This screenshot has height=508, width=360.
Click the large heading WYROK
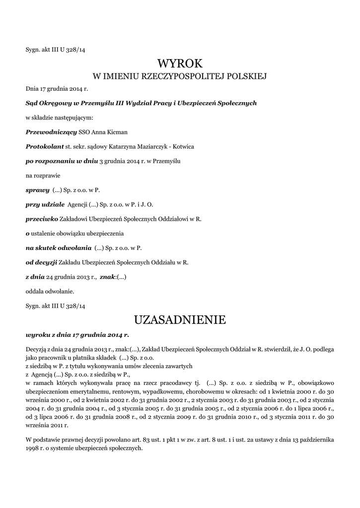coord(180,63)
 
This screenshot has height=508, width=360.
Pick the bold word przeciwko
coord(42,218)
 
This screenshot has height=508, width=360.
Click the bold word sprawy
coord(37,190)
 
